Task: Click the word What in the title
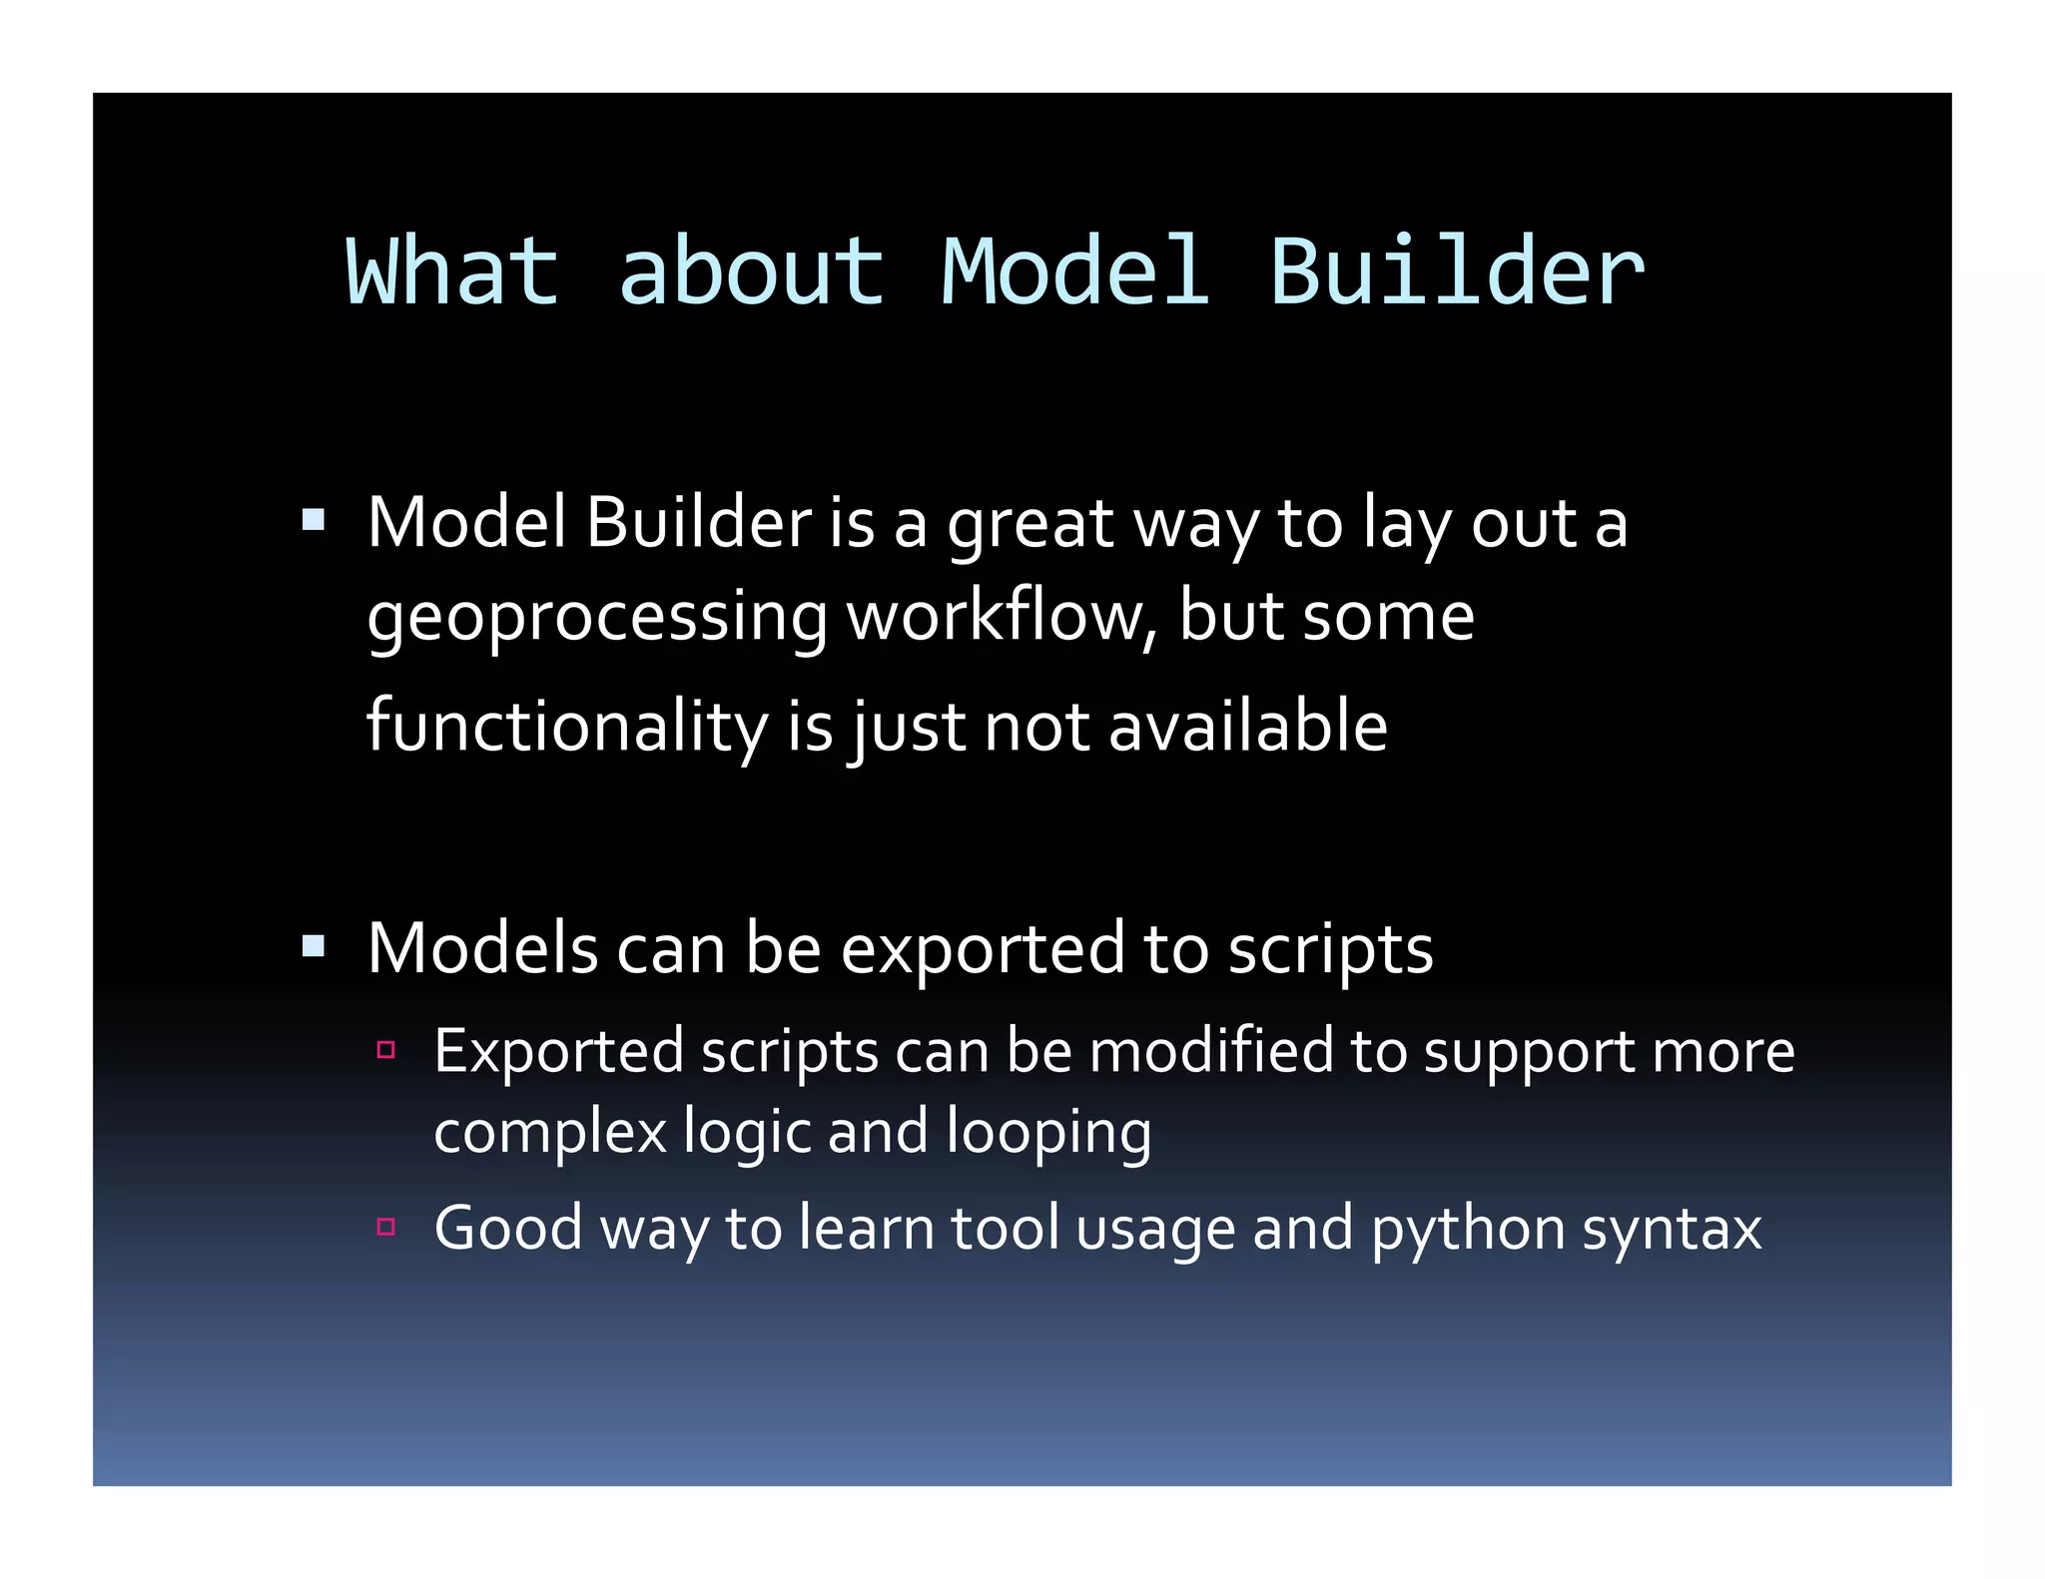click(451, 271)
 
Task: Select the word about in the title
click(751, 271)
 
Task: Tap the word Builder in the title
click(1457, 271)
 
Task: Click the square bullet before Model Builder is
click(314, 519)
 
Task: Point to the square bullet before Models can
click(314, 945)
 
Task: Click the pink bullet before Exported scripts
click(386, 1050)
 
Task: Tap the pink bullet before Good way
click(386, 1227)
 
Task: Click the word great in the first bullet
click(1029, 526)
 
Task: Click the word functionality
click(566, 728)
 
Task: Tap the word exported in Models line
click(983, 950)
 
